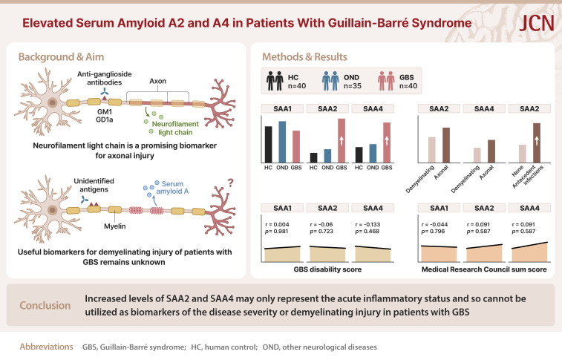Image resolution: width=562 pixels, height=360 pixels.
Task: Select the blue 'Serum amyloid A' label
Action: (x=170, y=183)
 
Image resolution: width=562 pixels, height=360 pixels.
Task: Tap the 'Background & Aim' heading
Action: (x=67, y=58)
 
